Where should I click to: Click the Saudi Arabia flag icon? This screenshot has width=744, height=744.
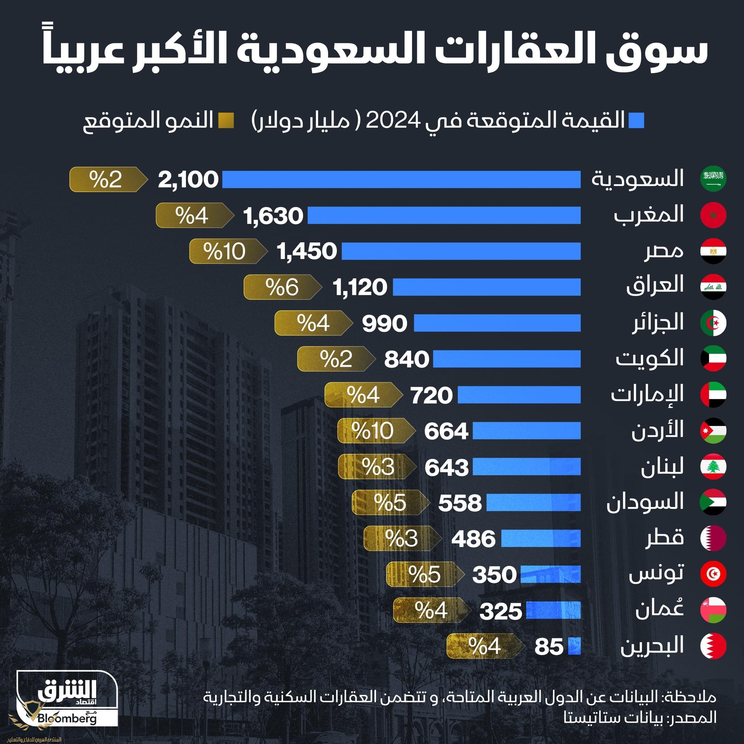[x=713, y=179]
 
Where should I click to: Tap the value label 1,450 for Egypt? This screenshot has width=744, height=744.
[x=307, y=251]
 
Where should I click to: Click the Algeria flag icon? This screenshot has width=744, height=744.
[x=713, y=323]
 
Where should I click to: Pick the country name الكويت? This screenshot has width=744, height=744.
[x=649, y=359]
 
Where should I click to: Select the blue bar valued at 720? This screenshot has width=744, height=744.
[x=519, y=395]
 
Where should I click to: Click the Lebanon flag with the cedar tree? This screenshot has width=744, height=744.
[x=713, y=467]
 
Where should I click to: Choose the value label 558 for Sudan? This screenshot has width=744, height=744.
[x=460, y=503]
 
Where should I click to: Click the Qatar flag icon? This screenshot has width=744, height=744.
[x=713, y=538]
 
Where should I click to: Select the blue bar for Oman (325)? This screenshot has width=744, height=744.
[x=553, y=610]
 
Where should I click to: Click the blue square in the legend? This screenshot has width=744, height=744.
[x=636, y=121]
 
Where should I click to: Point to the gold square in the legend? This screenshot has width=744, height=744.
[x=226, y=121]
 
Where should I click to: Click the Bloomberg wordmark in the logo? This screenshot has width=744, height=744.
[x=68, y=718]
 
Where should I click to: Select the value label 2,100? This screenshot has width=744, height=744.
[x=188, y=180]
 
